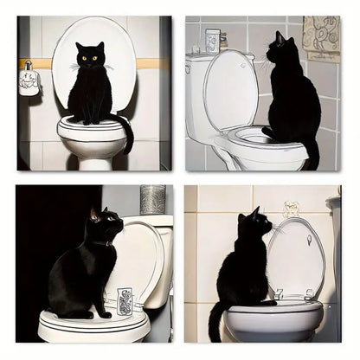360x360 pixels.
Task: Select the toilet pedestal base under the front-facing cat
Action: pos(92,157)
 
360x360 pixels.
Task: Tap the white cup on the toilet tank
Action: pos(212,41)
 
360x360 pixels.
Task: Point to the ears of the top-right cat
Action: pos(280,37)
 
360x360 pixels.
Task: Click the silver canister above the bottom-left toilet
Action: pos(152,199)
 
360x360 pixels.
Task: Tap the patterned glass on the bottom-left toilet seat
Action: pos(125,300)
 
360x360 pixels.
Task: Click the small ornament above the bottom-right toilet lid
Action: pos(291,209)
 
